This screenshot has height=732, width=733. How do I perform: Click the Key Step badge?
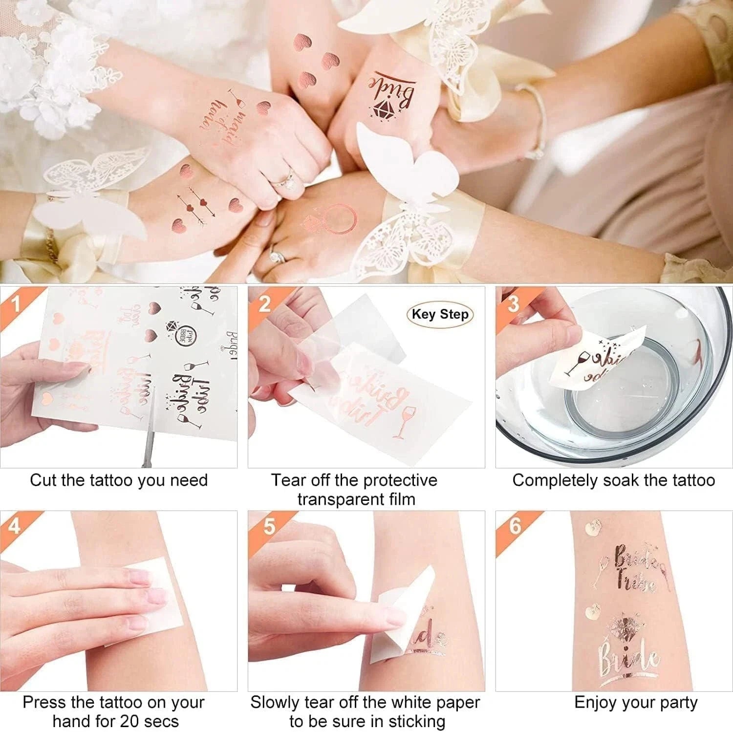(440, 314)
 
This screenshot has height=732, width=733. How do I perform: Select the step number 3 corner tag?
(513, 303)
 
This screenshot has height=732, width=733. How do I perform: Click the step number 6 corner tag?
(515, 526)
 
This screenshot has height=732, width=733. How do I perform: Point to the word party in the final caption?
(676, 703)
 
